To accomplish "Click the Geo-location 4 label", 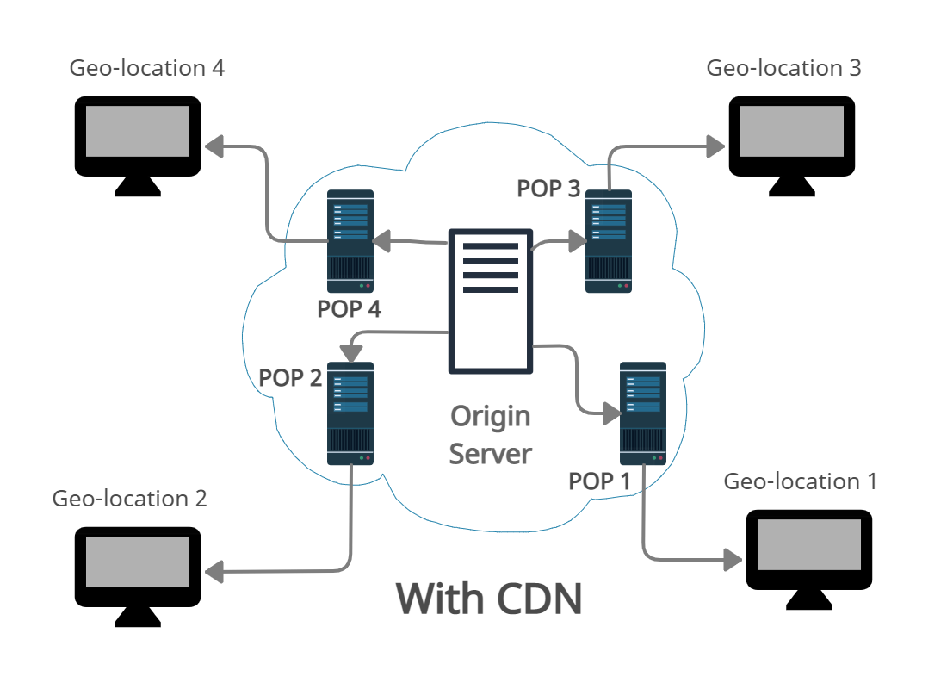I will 147,68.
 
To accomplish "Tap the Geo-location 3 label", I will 783,68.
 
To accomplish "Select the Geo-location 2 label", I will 130,499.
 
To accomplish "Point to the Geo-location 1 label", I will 801,481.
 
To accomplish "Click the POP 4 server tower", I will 350,241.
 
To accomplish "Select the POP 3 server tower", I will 609,241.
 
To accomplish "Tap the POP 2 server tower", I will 350,413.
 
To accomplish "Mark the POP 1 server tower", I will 643,413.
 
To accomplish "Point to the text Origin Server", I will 491,435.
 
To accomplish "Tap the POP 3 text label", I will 548,189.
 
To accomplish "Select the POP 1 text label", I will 600,481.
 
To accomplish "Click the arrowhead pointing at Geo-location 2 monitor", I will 214,570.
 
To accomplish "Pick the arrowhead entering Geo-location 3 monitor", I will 715,147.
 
